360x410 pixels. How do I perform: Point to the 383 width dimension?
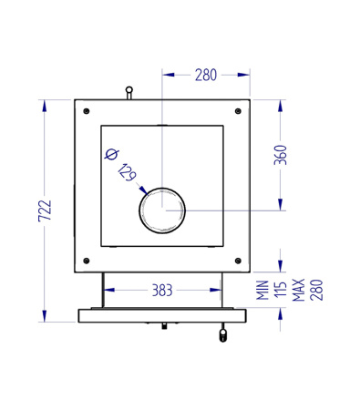[x=161, y=291]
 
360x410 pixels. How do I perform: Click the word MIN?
[x=262, y=291]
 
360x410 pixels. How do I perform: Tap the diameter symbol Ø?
[x=111, y=154]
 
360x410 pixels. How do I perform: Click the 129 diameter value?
[x=127, y=171]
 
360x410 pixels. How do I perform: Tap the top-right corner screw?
[x=237, y=111]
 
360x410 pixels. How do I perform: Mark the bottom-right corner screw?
[x=237, y=261]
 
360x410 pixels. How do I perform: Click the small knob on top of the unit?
[x=129, y=90]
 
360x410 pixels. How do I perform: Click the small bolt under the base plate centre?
[x=162, y=325]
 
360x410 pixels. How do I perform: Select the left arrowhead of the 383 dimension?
[x=107, y=291]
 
